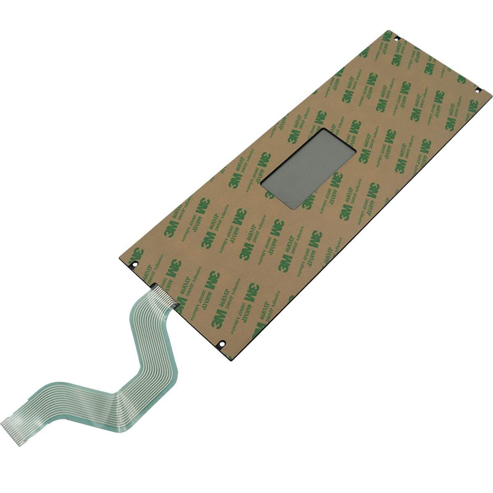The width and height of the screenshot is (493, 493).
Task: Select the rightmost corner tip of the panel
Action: pos(491,95)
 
